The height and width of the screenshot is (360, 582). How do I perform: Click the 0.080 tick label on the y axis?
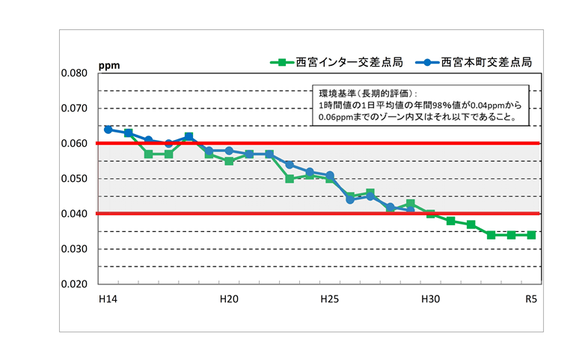[75, 73]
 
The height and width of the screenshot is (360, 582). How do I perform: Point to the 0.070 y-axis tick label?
[75, 109]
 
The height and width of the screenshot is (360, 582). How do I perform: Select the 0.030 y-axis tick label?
[75, 249]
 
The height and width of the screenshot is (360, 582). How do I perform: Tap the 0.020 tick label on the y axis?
[75, 284]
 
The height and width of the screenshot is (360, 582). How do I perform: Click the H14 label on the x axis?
[108, 299]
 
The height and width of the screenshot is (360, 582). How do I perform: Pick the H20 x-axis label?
[229, 299]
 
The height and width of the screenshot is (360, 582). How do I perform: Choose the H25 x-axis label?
[330, 299]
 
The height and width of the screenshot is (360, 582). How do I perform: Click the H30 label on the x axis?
[430, 299]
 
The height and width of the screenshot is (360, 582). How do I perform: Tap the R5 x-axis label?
[530, 299]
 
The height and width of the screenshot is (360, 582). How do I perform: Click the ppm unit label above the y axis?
[109, 65]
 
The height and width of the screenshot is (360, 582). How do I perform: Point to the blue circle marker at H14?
[108, 129]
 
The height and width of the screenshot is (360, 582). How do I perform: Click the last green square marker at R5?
[531, 235]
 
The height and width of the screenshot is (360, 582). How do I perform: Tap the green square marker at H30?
[431, 214]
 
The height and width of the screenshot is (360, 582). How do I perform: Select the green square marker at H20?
[229, 161]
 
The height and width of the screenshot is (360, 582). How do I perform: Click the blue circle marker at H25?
[330, 175]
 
